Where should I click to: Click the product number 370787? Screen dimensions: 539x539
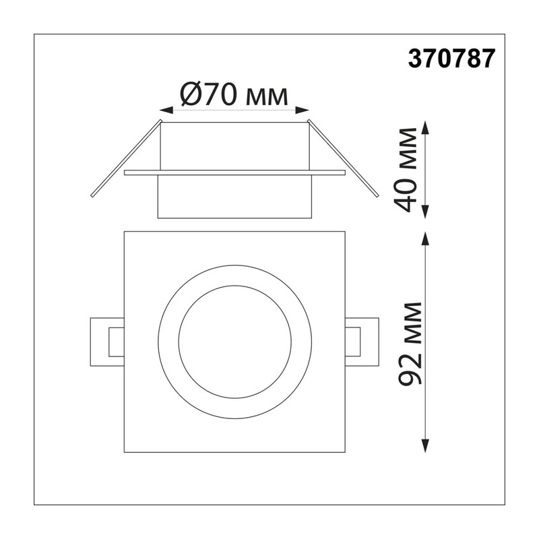tap(451, 59)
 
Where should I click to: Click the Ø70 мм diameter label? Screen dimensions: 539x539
tap(234, 95)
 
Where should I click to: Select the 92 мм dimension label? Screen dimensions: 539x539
tap(410, 343)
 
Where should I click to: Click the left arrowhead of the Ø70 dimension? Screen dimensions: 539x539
tap(166, 110)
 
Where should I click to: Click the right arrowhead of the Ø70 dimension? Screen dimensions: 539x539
tap(303, 110)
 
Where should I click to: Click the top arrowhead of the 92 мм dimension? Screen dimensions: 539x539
tap(426, 239)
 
